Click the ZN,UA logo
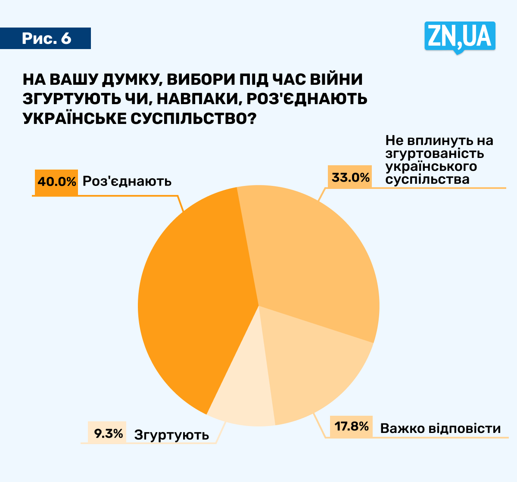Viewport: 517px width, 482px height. [x=460, y=37]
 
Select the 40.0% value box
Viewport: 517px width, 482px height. [x=56, y=182]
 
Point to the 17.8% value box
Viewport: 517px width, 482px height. [x=352, y=426]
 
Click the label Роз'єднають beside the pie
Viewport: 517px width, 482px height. [x=127, y=181]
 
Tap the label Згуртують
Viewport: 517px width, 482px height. [x=171, y=435]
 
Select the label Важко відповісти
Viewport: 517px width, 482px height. [x=440, y=428]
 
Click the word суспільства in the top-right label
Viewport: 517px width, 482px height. [x=427, y=179]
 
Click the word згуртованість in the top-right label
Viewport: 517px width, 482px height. [x=435, y=153]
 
